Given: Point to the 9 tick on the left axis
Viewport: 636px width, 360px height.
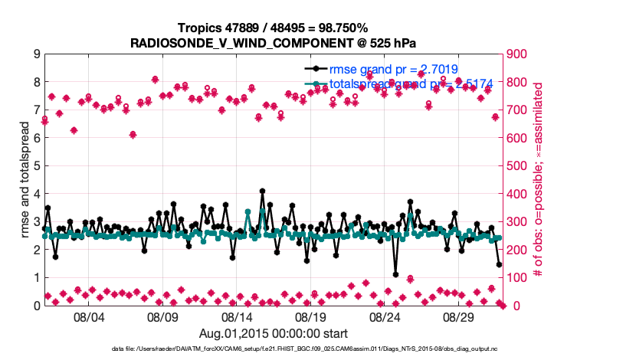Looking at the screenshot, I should point(36,54).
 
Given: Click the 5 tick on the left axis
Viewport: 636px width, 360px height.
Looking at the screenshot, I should point(36,166).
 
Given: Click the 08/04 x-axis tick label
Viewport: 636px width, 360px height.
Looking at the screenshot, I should point(88,316).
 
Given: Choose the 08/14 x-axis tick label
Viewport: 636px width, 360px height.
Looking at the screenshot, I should point(237,316).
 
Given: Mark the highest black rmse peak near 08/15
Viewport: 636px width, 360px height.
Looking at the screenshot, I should point(263,191).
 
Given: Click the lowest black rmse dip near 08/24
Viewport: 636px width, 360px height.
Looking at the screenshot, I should point(395,274).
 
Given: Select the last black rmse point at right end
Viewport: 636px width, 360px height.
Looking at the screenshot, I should point(499,264).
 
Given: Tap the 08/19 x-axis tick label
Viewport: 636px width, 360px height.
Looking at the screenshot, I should point(311,316).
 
